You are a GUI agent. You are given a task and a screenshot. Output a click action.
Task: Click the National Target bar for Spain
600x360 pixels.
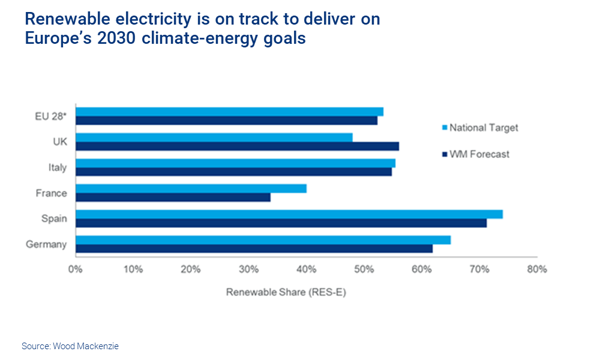pyautogui.click(x=289, y=214)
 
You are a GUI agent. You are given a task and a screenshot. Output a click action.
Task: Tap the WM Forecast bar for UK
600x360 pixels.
pyautogui.click(x=237, y=146)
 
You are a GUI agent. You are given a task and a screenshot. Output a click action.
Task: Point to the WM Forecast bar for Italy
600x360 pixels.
pyautogui.click(x=233, y=172)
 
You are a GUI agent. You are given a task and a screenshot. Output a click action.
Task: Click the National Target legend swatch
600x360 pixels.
pyautogui.click(x=444, y=128)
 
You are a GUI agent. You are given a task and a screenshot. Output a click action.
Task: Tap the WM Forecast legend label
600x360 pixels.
pyautogui.click(x=479, y=154)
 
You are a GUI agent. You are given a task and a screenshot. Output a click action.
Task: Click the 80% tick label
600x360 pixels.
pyautogui.click(x=536, y=269)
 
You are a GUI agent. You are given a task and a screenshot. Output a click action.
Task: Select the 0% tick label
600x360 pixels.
pyautogui.click(x=76, y=269)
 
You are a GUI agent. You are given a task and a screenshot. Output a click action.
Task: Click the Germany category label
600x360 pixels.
pyautogui.click(x=46, y=244)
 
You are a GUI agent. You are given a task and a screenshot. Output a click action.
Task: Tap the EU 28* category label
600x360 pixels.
pyautogui.click(x=50, y=116)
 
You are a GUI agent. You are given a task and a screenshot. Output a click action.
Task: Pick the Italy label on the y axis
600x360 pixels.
pyautogui.click(x=58, y=167)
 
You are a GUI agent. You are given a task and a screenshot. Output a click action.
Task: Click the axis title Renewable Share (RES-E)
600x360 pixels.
pyautogui.click(x=286, y=293)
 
